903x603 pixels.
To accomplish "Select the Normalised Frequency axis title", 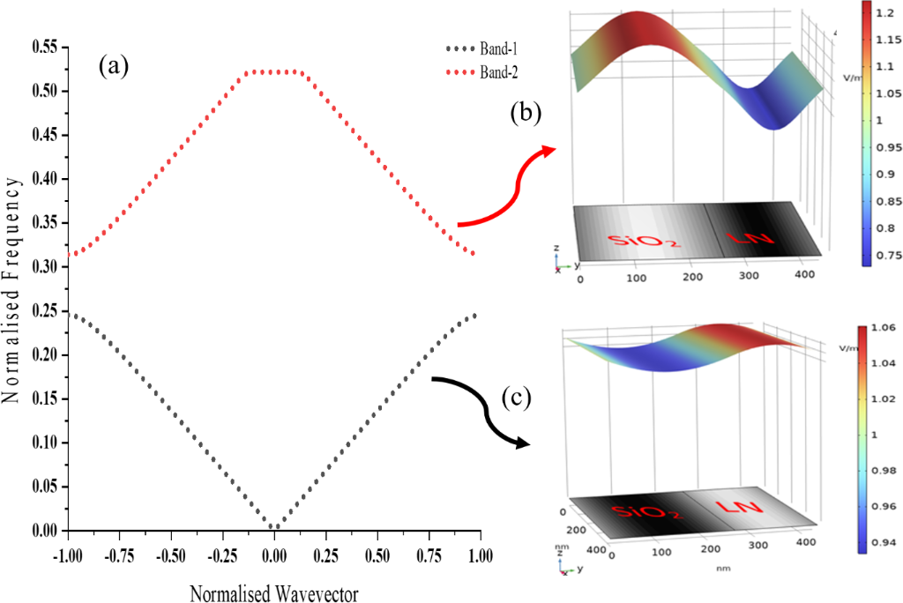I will click(11, 288).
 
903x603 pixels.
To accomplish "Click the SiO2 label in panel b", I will click(643, 239).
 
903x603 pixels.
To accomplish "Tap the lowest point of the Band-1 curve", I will click(275, 527).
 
